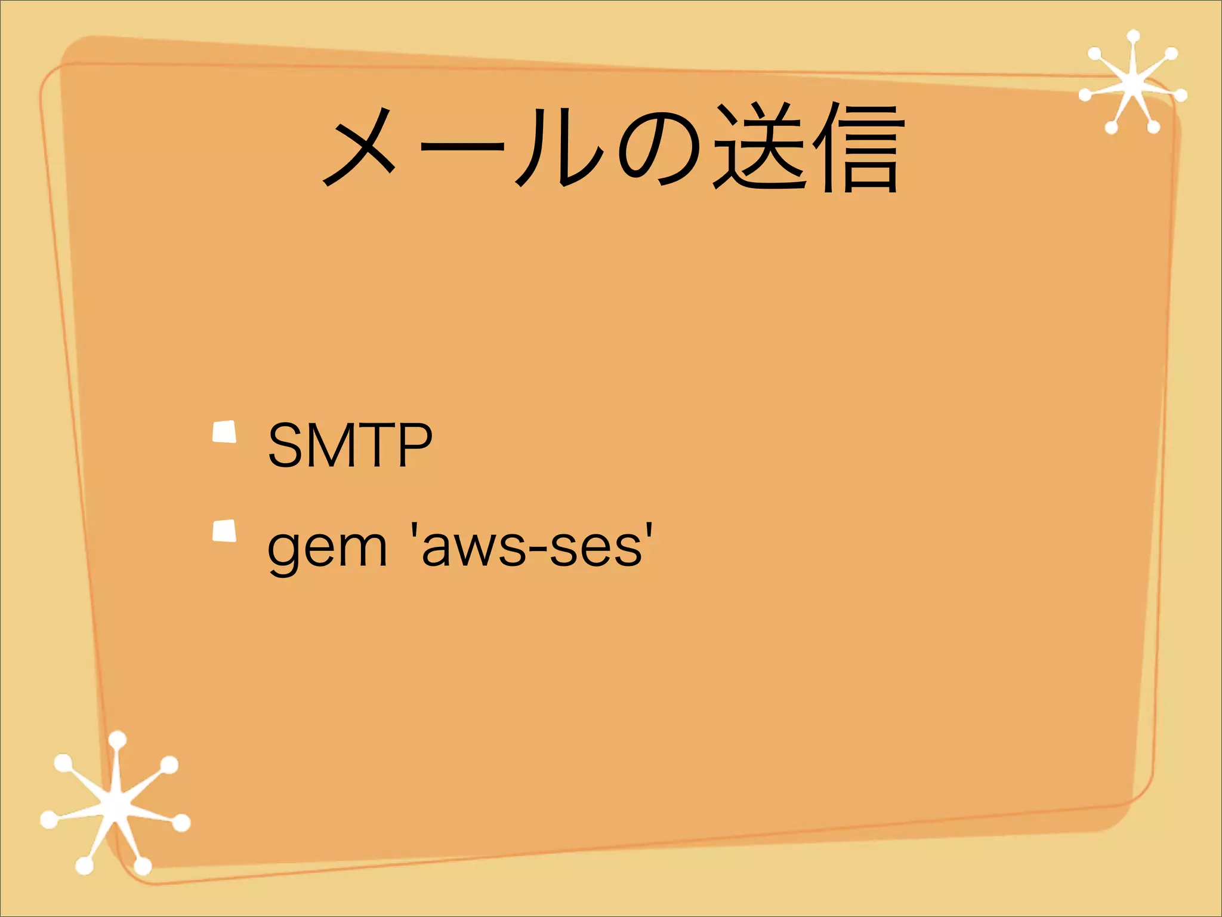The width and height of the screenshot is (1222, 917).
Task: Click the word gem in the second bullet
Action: point(327,548)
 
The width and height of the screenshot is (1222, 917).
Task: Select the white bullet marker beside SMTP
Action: point(224,432)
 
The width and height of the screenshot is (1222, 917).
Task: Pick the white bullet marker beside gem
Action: point(224,531)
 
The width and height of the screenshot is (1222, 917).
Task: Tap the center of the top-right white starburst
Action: point(1132,85)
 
